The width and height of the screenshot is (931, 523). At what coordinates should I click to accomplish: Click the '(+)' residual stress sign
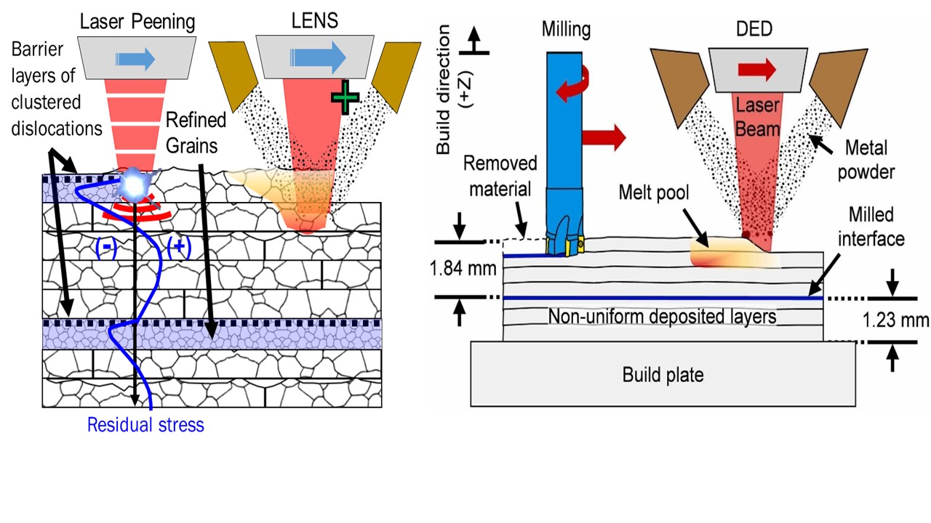(x=178, y=248)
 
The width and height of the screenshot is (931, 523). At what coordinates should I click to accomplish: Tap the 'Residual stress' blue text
(x=145, y=425)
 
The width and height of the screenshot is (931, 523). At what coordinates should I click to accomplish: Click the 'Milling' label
(x=566, y=29)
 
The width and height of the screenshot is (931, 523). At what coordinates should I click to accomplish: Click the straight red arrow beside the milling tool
(x=604, y=137)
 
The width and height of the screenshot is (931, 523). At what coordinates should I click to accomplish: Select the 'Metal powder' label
(x=868, y=158)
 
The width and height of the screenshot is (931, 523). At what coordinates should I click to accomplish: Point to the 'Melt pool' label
(x=653, y=192)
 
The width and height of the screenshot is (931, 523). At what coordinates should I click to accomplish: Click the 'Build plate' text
(x=663, y=376)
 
